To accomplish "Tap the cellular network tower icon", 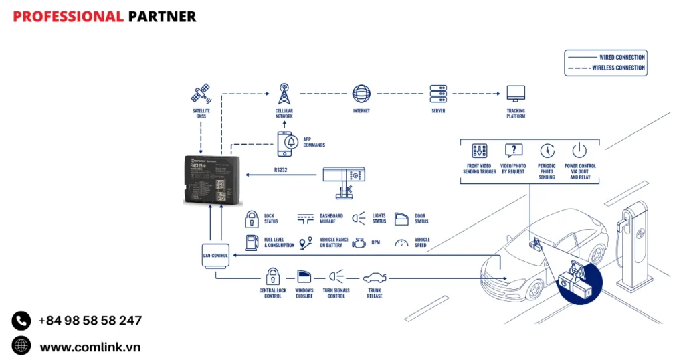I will click(x=284, y=93).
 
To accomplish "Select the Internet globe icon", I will click(x=361, y=93).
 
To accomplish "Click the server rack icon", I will click(x=438, y=93).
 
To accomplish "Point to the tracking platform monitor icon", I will click(x=516, y=93).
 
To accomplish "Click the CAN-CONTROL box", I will click(x=215, y=255).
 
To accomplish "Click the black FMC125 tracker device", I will click(x=212, y=179).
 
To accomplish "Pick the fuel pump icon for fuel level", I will click(x=252, y=242).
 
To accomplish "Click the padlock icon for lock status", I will click(x=252, y=219).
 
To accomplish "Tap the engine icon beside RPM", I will click(x=360, y=242).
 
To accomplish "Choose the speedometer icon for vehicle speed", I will click(x=401, y=242).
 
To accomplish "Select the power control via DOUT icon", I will click(x=579, y=151).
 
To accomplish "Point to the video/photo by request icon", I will click(x=513, y=151).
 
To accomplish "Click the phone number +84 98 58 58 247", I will click(x=90, y=321).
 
